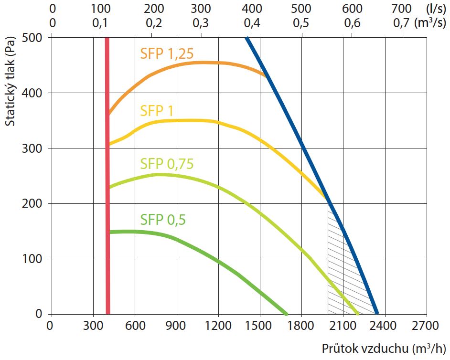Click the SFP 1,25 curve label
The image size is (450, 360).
point(167,54)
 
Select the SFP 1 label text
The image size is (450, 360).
point(157,111)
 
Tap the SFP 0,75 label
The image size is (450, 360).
point(167,164)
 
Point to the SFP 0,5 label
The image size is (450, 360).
point(162,220)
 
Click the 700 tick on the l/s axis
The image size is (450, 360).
point(402,9)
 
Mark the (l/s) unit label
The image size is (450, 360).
point(433,9)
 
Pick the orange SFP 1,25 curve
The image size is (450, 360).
point(191,64)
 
